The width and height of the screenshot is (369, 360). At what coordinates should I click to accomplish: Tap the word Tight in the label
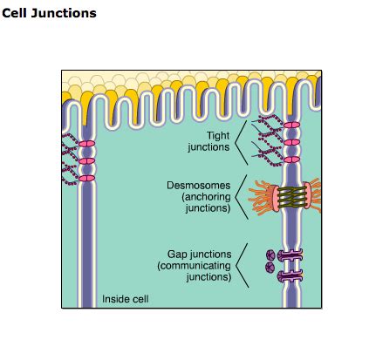click(x=218, y=135)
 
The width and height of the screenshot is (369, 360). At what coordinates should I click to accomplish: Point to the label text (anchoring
click(x=205, y=197)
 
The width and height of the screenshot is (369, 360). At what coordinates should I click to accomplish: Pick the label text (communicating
click(x=194, y=266)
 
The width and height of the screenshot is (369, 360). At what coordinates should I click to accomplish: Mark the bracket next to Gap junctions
click(x=245, y=265)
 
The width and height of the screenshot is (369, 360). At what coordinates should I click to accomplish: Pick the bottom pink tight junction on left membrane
click(x=85, y=179)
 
